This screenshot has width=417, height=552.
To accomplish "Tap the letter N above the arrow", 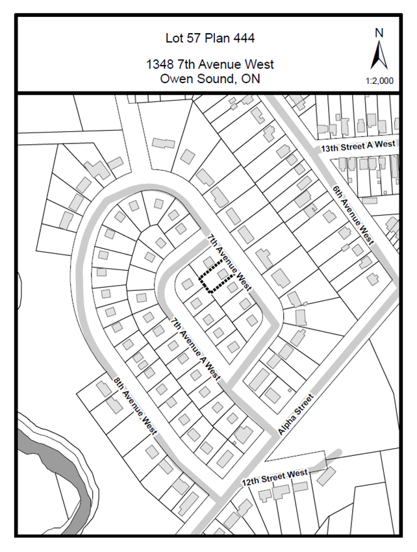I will pyautogui.click(x=379, y=33).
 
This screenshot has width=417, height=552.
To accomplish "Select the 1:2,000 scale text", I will pyautogui.click(x=379, y=81).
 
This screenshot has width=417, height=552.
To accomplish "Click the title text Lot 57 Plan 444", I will pyautogui.click(x=209, y=38).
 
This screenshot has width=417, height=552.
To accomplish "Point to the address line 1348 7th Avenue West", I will pyautogui.click(x=209, y=64).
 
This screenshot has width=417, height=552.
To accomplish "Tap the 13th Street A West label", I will pyautogui.click(x=358, y=147).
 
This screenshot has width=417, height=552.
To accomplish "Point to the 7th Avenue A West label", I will pyautogui.click(x=196, y=349).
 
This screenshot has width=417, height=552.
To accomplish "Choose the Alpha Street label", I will pyautogui.click(x=295, y=414).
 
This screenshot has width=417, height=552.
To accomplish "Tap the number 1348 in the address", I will pyautogui.click(x=160, y=64).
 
